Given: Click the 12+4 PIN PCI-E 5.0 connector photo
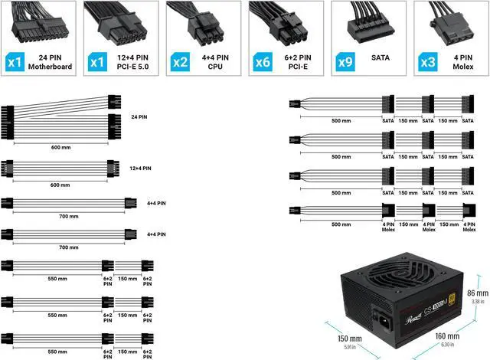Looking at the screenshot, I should click(122, 23).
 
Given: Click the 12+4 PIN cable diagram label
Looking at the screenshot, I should click(140, 168).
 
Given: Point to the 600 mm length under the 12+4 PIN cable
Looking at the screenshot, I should click(59, 185).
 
